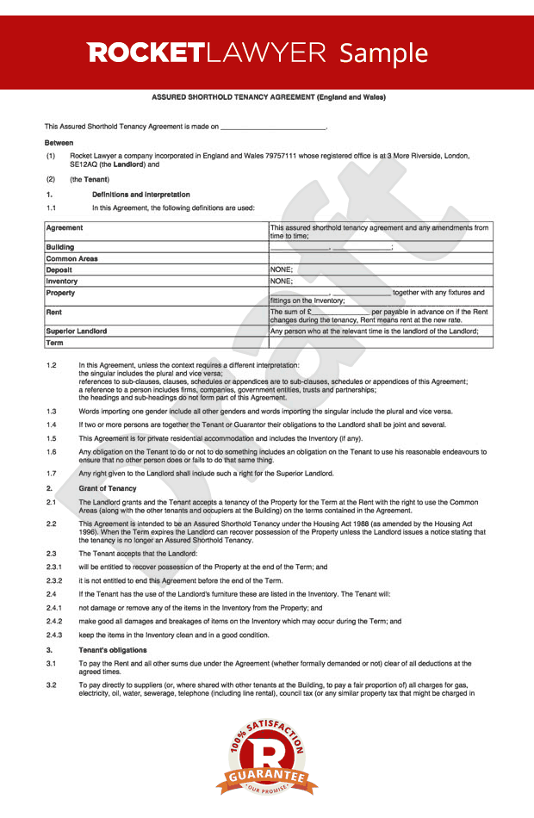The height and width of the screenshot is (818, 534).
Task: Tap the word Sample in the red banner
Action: pyautogui.click(x=383, y=53)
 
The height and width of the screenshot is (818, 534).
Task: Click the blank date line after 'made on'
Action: pyautogui.click(x=274, y=127)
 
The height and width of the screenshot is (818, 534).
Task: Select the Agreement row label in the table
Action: pyautogui.click(x=65, y=228)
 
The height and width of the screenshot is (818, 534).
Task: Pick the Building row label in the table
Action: pyautogui.click(x=60, y=247)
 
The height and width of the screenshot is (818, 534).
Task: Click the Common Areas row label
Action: pyautogui.click(x=71, y=258)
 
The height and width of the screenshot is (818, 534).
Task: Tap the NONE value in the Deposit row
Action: pyautogui.click(x=282, y=270)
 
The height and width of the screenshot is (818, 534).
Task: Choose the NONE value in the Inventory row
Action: pyautogui.click(x=282, y=281)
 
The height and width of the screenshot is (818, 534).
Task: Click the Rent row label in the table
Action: pyautogui.click(x=53, y=312)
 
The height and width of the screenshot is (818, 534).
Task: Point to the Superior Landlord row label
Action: pyautogui.click(x=77, y=331)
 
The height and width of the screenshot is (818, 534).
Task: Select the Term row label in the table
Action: pyautogui.click(x=54, y=343)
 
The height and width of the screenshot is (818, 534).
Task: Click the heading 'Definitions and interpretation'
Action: pyautogui.click(x=140, y=195)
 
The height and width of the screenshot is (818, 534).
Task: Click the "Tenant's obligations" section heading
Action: pyautogui.click(x=113, y=649)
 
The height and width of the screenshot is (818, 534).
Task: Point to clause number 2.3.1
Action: pyautogui.click(x=54, y=567)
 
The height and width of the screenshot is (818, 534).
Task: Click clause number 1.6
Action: pyautogui.click(x=51, y=451)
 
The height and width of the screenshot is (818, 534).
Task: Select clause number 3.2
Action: pyautogui.click(x=51, y=683)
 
